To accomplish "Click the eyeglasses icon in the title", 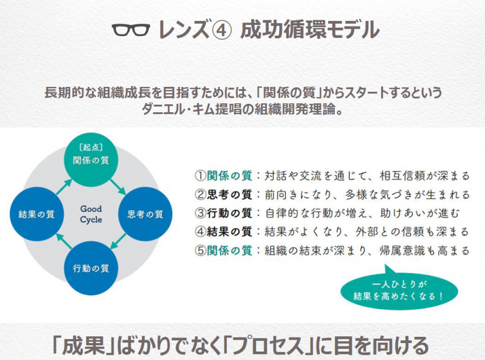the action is [131, 30].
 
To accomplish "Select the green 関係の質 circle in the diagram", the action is [91, 160].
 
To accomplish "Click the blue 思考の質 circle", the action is [145, 214].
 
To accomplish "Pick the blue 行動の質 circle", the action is [91, 268].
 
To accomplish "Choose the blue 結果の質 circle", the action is [37, 214].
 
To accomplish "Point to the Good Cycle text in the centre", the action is [91, 214].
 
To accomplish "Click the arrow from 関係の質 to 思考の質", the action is [118, 187].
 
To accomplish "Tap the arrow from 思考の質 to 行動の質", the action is [118, 241].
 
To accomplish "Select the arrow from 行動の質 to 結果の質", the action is [64, 241].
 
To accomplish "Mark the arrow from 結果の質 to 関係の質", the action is [64, 187].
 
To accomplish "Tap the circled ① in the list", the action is [200, 175].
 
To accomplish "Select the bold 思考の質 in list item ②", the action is [229, 195].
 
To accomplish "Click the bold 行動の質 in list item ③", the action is [229, 213].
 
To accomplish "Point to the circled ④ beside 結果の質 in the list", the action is [200, 231].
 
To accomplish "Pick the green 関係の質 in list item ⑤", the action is [229, 250].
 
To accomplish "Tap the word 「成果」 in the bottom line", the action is [84, 345].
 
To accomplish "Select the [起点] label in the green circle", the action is [91, 147].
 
